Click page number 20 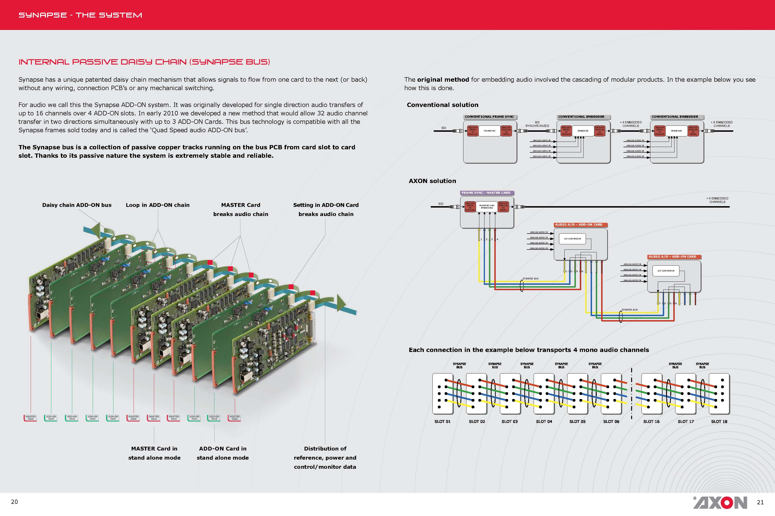[15, 501]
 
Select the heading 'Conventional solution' [442, 105]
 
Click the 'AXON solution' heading [432, 181]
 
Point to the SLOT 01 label [442, 421]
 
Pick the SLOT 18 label [719, 421]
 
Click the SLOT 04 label [544, 421]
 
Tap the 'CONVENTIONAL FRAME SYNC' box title [489, 117]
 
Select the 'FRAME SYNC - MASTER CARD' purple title [486, 193]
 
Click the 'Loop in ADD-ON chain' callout [157, 205]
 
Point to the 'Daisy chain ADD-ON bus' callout [77, 205]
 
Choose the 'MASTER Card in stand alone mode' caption [154, 453]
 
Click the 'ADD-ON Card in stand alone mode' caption [223, 453]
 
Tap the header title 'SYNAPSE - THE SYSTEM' [80, 15]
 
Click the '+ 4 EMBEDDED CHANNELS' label [630, 124]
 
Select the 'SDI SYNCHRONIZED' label [537, 124]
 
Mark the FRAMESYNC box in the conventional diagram [489, 131]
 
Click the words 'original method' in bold [443, 80]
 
